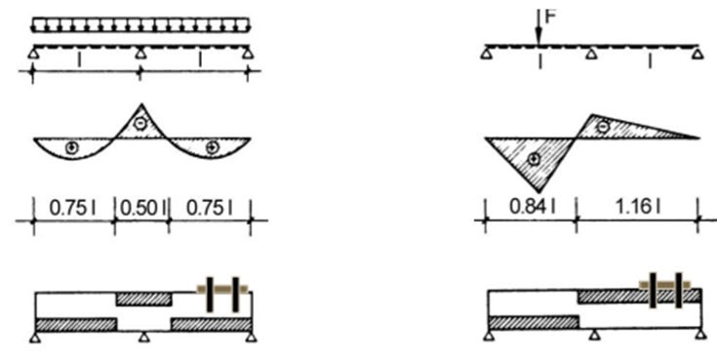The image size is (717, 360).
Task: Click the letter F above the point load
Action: [x=550, y=17]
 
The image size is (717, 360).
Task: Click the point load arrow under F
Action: [x=539, y=27]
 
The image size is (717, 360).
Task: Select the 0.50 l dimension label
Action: [x=142, y=208]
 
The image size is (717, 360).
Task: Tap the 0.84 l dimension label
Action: [x=533, y=207]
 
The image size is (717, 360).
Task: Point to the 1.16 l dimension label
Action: [x=638, y=207]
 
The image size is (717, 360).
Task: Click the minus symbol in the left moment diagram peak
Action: [x=141, y=123]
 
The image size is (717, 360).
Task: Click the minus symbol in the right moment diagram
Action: [x=604, y=126]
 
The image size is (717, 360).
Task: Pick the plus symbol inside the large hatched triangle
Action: [x=534, y=159]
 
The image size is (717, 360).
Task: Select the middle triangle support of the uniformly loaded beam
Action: [x=140, y=54]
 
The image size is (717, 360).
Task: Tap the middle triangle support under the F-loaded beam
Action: [x=592, y=54]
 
